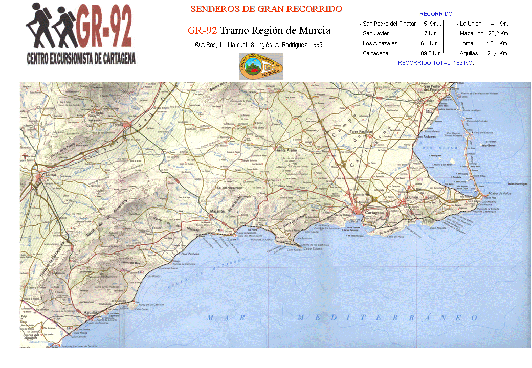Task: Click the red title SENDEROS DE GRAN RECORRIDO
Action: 266,9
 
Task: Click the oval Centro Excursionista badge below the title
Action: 261,66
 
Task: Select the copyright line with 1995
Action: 259,45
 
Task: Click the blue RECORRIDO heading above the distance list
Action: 436,14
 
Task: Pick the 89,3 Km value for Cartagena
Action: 431,53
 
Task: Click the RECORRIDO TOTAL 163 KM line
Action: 436,63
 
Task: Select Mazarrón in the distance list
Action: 471,33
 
